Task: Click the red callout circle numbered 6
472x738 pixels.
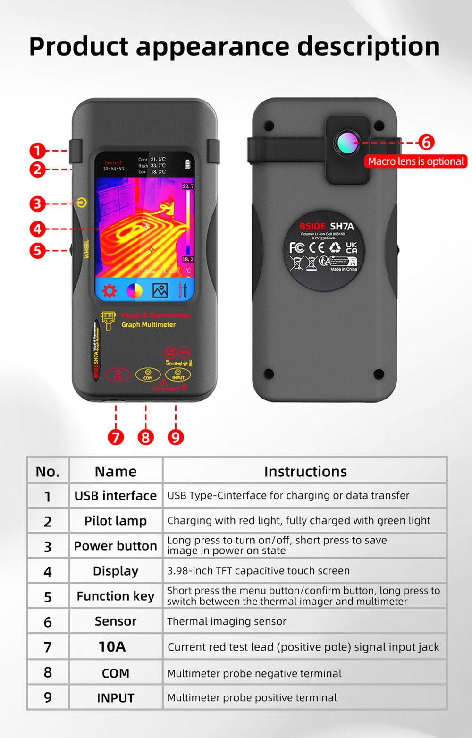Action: [x=426, y=142]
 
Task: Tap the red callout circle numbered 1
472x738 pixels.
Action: [x=37, y=151]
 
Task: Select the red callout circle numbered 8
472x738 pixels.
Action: [x=145, y=437]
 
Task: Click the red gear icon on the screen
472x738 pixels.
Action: [x=110, y=291]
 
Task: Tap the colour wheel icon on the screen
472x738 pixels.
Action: [x=135, y=291]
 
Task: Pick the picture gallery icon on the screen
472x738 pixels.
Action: [x=160, y=290]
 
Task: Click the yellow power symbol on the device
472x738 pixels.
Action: [x=82, y=203]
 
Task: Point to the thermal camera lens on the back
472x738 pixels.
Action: [x=347, y=142]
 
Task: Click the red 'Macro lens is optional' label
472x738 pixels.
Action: [x=416, y=161]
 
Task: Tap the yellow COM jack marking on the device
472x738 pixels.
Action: [x=148, y=374]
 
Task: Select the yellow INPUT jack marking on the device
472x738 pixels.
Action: [x=178, y=374]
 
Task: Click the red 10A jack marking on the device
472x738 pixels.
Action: [x=118, y=374]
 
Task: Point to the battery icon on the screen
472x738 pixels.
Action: [x=187, y=164]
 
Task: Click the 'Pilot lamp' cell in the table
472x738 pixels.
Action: [x=116, y=521]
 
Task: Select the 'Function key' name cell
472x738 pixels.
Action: [x=116, y=596]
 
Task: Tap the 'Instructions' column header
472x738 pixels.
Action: [x=305, y=471]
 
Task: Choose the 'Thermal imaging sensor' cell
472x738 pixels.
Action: [x=227, y=621]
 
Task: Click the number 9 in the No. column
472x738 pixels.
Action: [x=48, y=697]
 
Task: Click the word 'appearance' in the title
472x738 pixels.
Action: [x=212, y=47]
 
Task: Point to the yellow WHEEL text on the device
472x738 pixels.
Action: [x=86, y=249]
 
